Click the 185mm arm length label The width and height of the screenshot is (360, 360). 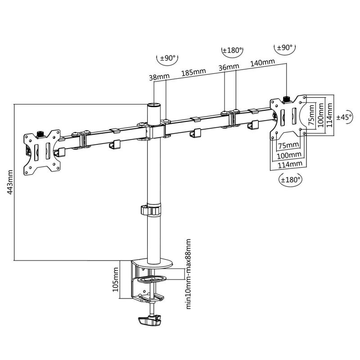coord(193,72)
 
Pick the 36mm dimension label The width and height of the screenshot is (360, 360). coord(229,67)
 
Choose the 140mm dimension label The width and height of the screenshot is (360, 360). coord(263,63)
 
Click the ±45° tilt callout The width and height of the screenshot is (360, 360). coord(344,117)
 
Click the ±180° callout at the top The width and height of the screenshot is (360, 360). coord(233,50)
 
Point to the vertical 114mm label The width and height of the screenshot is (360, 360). coord(330,114)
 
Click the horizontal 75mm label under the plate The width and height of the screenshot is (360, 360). coord(288,145)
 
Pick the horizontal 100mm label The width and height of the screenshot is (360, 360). coord(288,155)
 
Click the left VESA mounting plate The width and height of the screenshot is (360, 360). coord(42,152)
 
